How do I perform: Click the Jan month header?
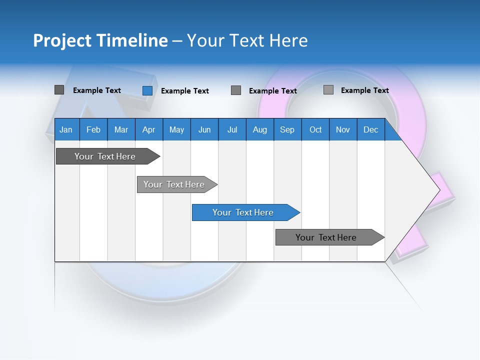pyautogui.click(x=66, y=129)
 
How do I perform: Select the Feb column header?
pyautogui.click(x=93, y=129)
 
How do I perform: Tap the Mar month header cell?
pyautogui.click(x=121, y=129)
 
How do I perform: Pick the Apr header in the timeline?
pyautogui.click(x=149, y=129)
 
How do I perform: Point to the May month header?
pyautogui.click(x=176, y=129)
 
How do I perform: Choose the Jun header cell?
pyautogui.click(x=204, y=129)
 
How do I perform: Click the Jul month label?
pyautogui.click(x=232, y=129)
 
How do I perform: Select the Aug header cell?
pyautogui.click(x=260, y=129)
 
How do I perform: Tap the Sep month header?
pyautogui.click(x=287, y=129)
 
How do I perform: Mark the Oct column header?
pyautogui.click(x=315, y=129)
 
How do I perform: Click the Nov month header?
pyautogui.click(x=343, y=129)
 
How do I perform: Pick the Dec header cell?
pyautogui.click(x=371, y=129)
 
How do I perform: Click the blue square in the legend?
pyautogui.click(x=147, y=90)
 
